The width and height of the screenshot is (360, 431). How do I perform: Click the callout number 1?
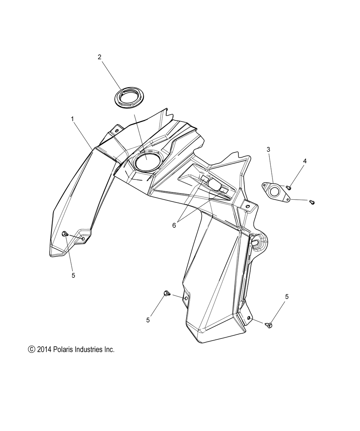(73, 119)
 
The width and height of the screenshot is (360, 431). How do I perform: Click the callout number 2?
(100, 57)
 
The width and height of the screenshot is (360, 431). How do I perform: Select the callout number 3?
(269, 149)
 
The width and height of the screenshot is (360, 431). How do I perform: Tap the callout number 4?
(305, 161)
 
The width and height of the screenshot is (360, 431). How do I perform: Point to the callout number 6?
(174, 225)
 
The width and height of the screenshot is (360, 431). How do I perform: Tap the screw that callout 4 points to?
(289, 188)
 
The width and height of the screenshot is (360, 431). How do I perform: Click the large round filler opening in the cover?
(147, 162)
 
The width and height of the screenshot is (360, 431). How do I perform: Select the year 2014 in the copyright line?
(44, 349)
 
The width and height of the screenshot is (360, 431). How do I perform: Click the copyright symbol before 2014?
(31, 349)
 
